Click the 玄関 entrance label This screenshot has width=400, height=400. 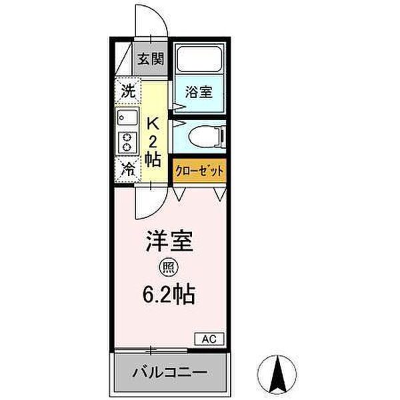[151, 59]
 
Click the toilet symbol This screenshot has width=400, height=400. [204, 137]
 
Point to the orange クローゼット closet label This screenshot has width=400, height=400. [199, 171]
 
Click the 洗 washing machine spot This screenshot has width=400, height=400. [127, 89]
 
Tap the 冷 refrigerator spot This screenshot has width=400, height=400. [127, 169]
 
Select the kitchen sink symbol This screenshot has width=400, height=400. [126, 118]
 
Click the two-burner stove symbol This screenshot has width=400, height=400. [126, 142]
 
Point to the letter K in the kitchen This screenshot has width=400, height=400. [152, 123]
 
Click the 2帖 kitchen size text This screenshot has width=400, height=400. [152, 150]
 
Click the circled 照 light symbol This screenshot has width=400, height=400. [166, 268]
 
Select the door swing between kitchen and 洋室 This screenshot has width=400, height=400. [147, 203]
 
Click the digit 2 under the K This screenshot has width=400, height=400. [152, 141]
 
